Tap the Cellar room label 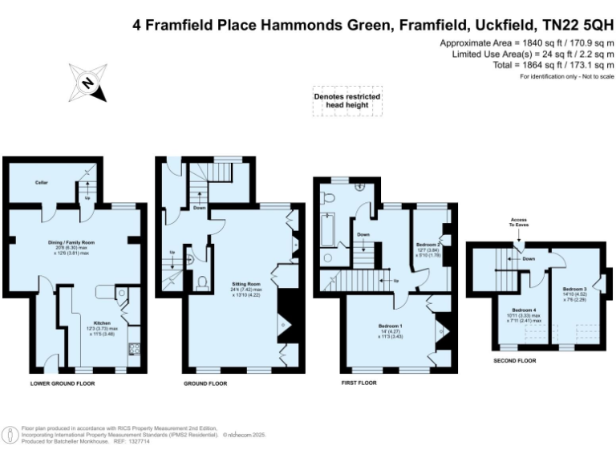pos(42,182)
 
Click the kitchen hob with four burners pos(133,348)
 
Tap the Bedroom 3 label pos(574,289)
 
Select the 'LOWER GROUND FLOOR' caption pos(63,384)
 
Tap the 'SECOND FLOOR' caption pos(515,361)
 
